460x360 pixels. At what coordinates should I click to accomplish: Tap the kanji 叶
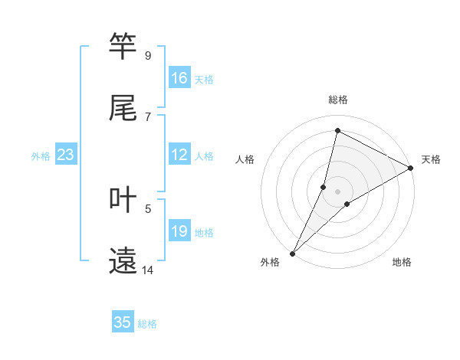tap(123, 200)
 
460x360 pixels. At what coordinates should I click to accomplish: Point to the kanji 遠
tap(123, 261)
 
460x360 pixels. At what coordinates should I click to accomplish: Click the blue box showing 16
tap(179, 78)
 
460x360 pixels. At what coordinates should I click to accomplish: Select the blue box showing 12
tap(179, 155)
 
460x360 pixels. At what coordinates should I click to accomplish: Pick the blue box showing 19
tap(179, 231)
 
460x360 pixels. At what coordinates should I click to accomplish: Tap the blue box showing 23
tap(66, 155)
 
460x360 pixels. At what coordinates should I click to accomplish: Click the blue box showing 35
tap(123, 322)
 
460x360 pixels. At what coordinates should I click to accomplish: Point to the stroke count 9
tap(147, 56)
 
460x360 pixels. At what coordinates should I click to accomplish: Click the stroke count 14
tap(147, 270)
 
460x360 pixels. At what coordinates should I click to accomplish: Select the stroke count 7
tap(147, 117)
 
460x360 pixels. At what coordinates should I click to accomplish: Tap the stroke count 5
tap(147, 208)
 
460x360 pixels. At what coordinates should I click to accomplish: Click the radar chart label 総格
tap(338, 100)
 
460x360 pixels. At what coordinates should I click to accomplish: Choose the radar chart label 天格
tap(431, 159)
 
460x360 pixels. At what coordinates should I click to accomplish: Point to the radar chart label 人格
tap(245, 159)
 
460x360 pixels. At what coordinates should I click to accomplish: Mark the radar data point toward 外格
tap(292, 253)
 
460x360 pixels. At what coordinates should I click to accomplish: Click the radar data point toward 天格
tap(411, 168)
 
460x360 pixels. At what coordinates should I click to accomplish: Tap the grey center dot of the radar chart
tap(338, 191)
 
